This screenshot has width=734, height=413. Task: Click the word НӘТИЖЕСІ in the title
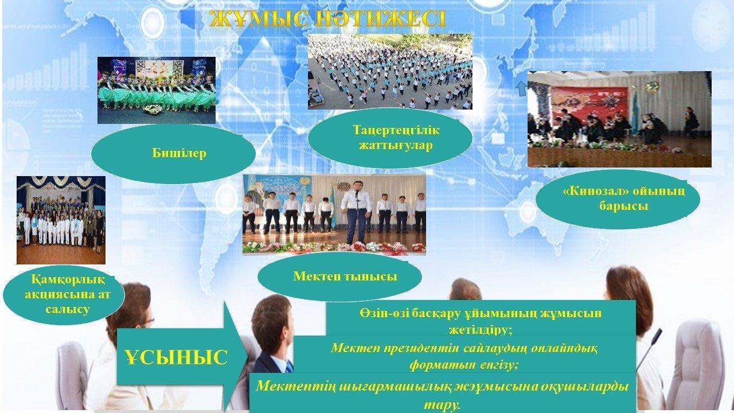click(380, 20)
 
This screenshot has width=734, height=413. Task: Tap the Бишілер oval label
click(173, 153)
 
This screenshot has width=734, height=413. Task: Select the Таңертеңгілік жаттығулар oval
click(390, 138)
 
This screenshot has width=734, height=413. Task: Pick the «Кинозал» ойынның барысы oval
click(618, 199)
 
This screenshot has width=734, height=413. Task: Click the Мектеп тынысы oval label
click(339, 276)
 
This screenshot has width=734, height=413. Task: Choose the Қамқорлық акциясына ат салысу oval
click(64, 295)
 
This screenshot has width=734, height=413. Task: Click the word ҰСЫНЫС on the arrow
click(176, 357)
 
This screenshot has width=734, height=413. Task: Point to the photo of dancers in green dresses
click(157, 90)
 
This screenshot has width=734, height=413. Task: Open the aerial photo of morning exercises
click(390, 72)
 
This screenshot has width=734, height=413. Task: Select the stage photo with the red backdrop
click(619, 119)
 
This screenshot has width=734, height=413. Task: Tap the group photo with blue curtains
click(61, 220)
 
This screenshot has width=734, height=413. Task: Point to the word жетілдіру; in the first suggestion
click(481, 329)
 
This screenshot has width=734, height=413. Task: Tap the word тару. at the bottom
click(442, 406)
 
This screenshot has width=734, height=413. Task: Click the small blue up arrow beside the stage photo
click(522, 89)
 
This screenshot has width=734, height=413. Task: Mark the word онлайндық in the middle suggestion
click(564, 348)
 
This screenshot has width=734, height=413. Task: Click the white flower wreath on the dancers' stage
click(152, 109)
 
